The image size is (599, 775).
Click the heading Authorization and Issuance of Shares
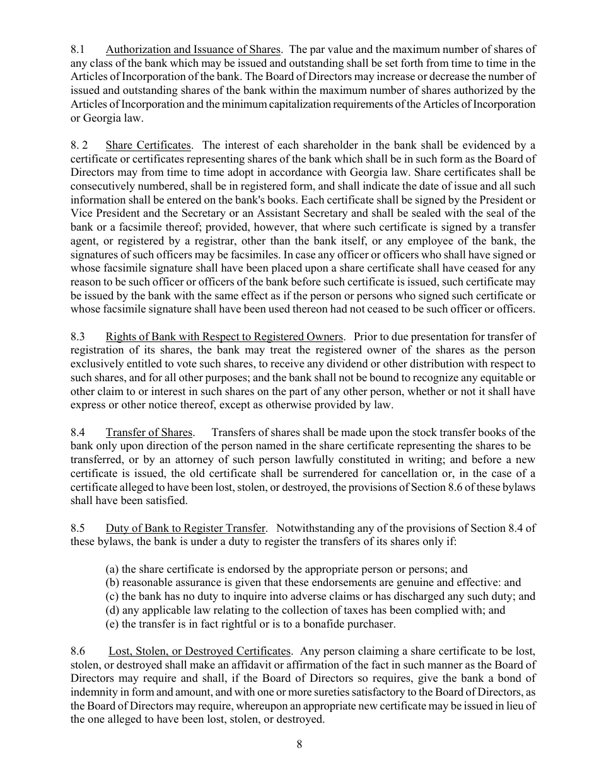coord(192,50)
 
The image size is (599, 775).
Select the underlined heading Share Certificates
coord(148,146)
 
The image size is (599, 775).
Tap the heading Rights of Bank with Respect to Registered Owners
coord(224,336)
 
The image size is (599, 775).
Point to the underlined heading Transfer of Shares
coord(149,432)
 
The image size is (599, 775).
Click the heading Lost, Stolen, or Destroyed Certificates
coord(200,651)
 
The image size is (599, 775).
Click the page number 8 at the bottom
coord(299,744)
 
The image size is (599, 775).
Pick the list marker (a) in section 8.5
coord(112,569)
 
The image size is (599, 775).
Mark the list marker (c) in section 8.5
coord(112,596)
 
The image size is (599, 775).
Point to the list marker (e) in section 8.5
coord(112,624)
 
